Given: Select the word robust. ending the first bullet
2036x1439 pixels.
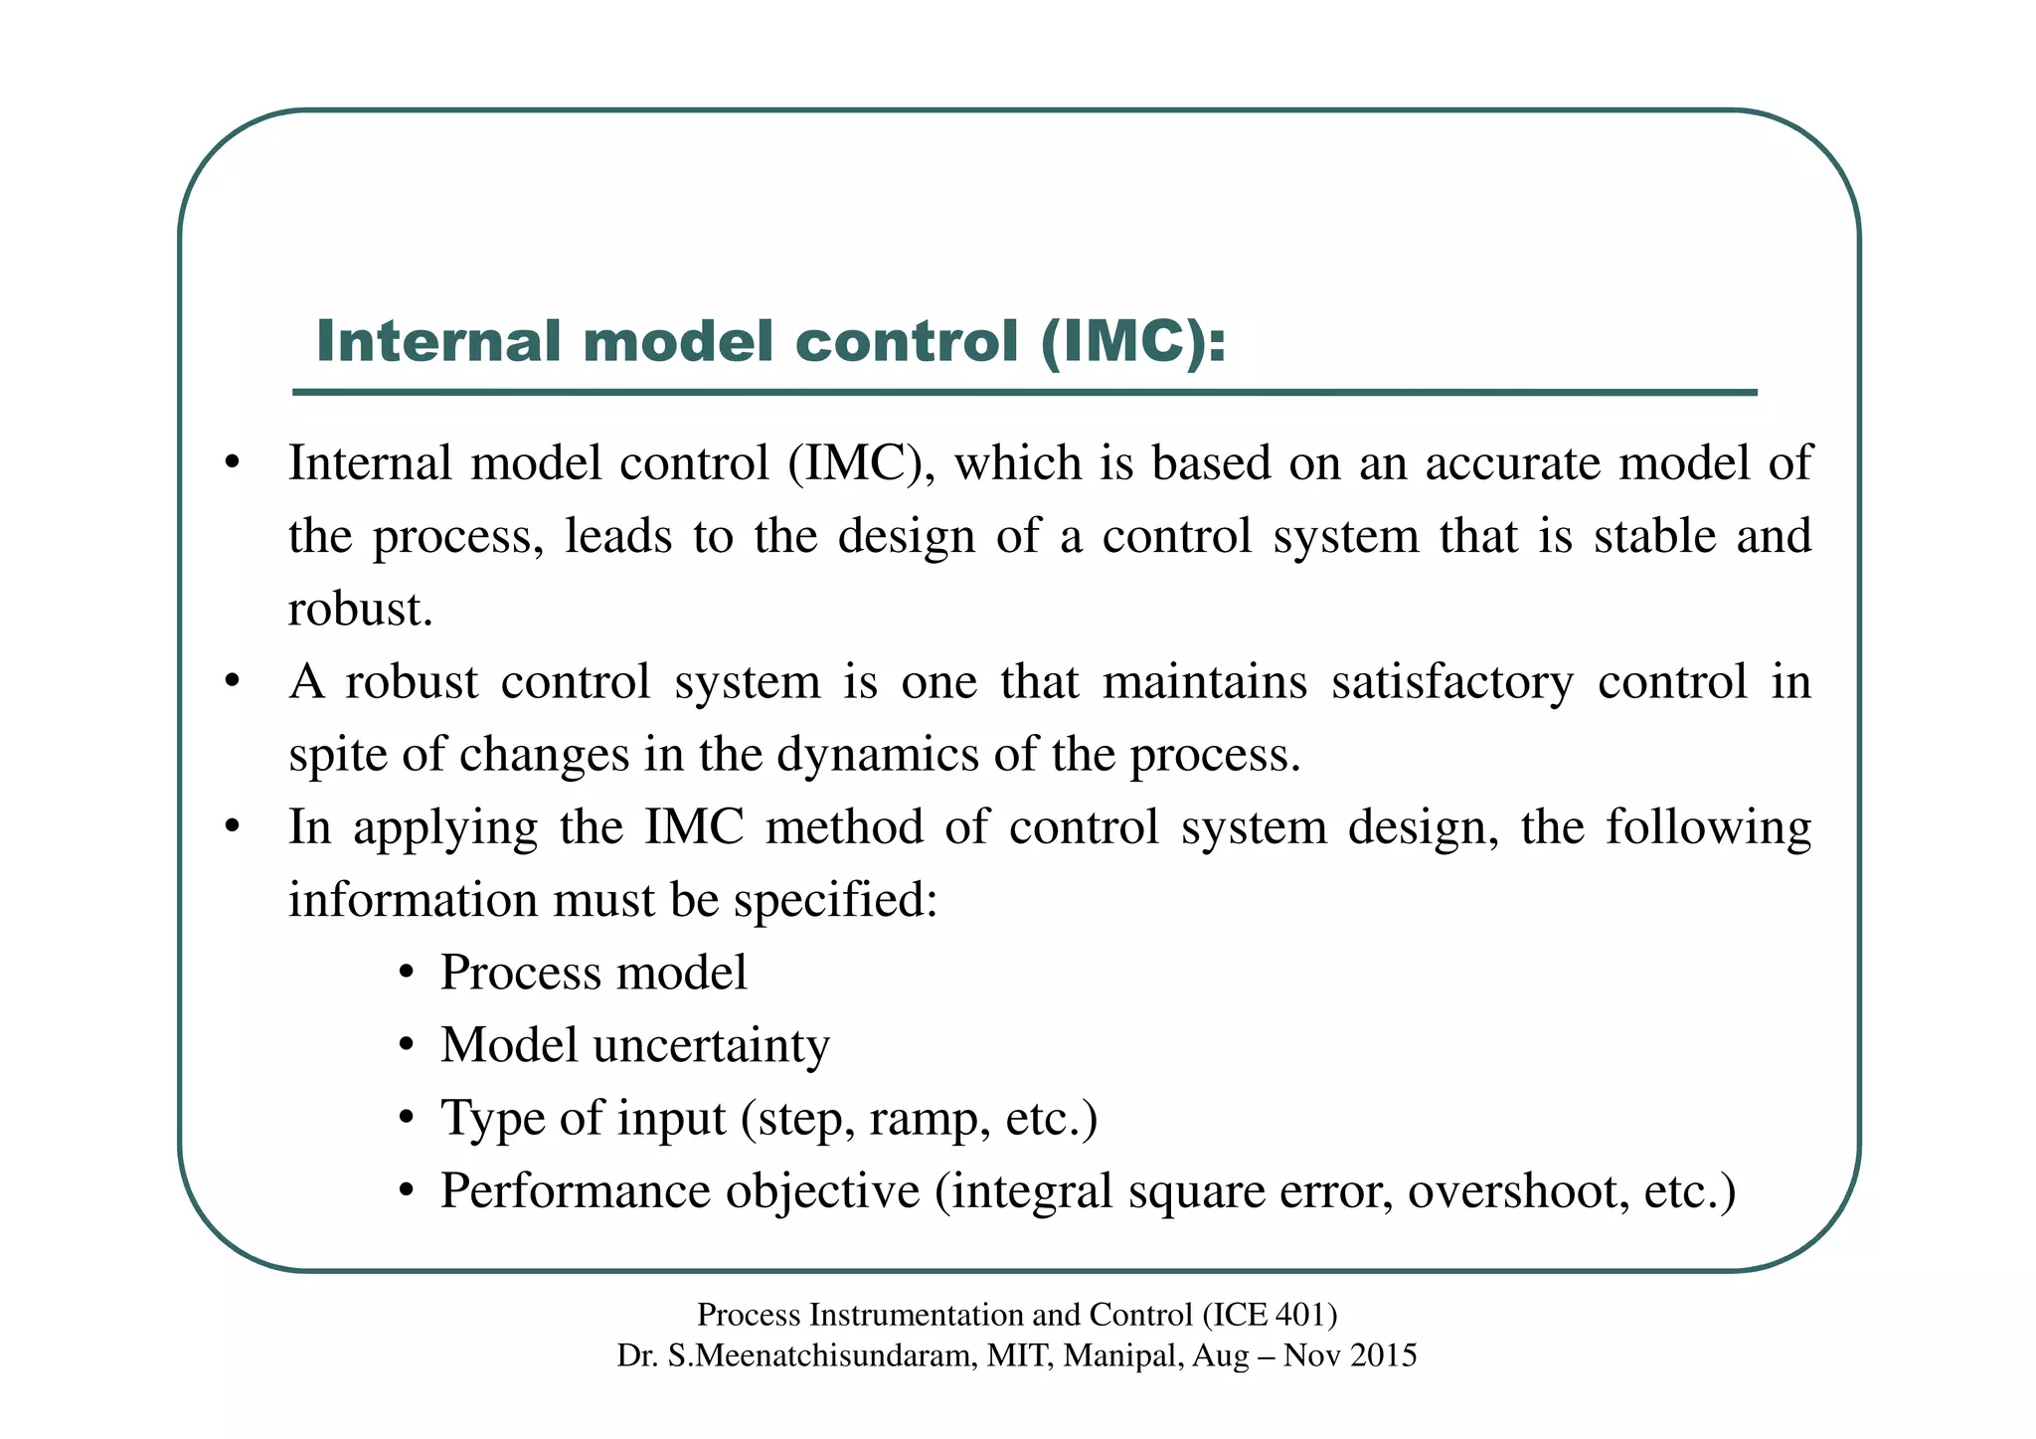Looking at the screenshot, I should tap(360, 610).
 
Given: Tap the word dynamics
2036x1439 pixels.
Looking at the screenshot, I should tap(879, 755).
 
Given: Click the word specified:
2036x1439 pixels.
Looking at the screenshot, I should tap(835, 901).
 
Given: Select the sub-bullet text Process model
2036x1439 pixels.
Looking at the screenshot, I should tap(594, 973).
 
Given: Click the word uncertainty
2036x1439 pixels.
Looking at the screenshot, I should tap(711, 1046).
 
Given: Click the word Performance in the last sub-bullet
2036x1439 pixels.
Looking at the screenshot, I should tap(581, 1191).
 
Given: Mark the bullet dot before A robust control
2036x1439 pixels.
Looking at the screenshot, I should tap(232, 682).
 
